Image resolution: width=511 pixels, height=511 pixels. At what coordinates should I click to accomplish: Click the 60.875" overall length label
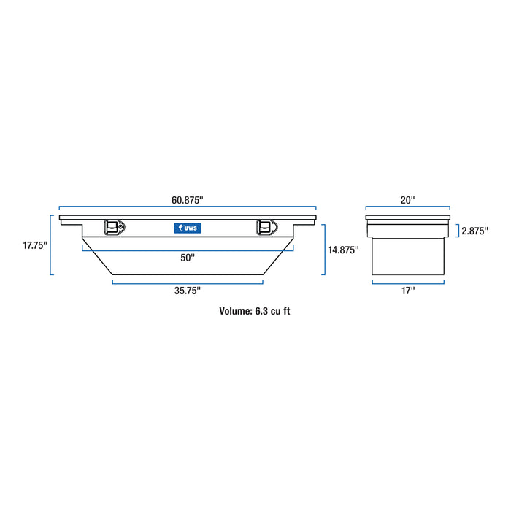[x=188, y=199]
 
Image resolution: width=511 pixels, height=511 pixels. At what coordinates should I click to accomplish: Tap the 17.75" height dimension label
[x=34, y=246]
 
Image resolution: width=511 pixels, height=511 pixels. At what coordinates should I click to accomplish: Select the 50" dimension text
[x=188, y=257]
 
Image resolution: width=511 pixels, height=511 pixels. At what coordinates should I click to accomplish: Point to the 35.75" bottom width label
[x=188, y=291]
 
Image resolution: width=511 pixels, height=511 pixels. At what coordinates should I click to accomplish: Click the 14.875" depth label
[x=343, y=250]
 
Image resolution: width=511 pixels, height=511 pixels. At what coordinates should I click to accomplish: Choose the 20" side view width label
[x=407, y=199]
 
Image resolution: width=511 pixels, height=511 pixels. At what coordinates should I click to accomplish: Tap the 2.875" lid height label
[x=475, y=231]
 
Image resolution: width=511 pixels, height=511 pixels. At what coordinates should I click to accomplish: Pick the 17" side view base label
[x=407, y=291]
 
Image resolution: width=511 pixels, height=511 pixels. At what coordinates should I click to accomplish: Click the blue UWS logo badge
[x=188, y=228]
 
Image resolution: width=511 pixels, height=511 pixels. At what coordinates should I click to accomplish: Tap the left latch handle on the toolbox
[x=113, y=228]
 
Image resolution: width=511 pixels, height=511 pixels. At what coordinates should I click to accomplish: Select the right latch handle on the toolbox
[x=264, y=228]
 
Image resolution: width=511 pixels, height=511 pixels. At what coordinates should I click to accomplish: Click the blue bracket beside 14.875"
[x=323, y=250]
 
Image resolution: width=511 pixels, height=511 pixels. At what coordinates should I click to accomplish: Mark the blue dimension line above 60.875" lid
[x=188, y=210]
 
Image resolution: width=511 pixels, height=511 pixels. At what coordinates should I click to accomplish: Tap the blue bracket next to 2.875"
[x=458, y=231]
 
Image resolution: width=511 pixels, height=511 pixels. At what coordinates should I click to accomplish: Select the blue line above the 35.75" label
[x=188, y=281]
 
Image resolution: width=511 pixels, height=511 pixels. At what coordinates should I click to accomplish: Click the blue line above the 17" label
[x=407, y=282]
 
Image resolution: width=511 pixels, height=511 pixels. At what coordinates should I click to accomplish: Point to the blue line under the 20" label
[x=407, y=210]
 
